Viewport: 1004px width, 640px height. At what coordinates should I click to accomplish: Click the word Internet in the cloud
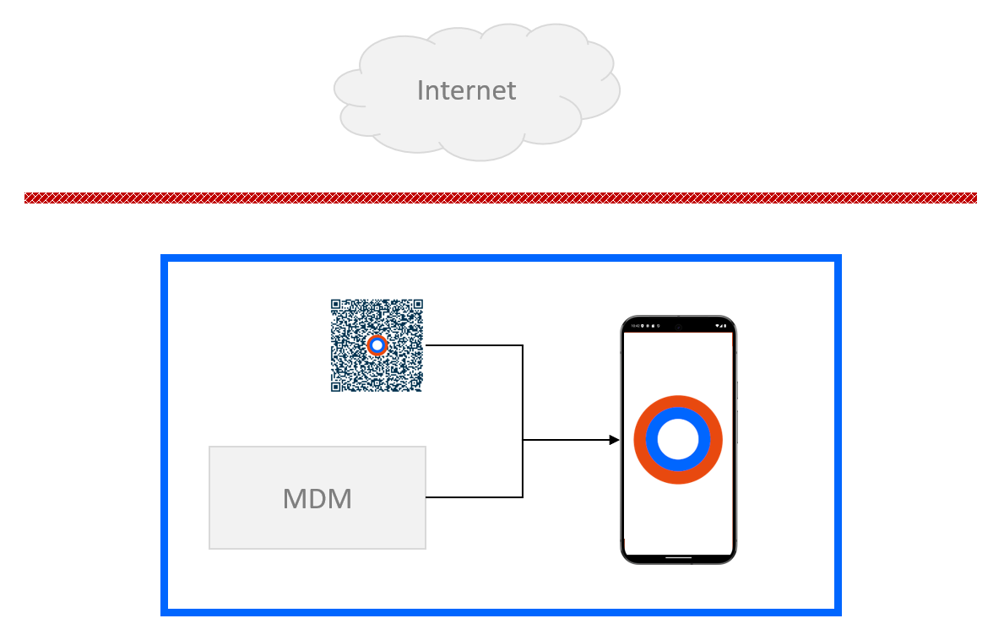pos(466,90)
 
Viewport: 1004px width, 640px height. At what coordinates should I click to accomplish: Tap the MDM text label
pos(317,498)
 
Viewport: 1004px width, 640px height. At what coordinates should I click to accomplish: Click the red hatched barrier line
pos(501,198)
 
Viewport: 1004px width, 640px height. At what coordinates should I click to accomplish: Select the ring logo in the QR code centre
pos(377,345)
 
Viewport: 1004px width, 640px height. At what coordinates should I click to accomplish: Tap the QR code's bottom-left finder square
pos(336,387)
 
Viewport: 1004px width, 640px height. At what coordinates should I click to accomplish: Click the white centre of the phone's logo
pos(678,440)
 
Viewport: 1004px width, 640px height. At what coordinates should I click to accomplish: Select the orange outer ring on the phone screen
pos(678,402)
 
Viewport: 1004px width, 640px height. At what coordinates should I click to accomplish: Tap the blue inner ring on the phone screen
pos(678,414)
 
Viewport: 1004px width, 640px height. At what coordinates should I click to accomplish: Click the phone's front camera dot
pos(678,326)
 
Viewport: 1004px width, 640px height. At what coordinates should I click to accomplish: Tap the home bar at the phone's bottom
pos(678,557)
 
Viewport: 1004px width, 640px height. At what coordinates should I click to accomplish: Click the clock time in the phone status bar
pos(632,326)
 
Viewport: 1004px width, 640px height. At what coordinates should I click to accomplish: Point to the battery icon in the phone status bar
pos(725,326)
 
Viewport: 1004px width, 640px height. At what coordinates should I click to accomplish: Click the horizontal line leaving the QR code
pos(473,345)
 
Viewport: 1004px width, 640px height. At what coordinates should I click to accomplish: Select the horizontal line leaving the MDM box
pos(473,497)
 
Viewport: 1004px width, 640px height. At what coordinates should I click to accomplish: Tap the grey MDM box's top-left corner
pos(210,447)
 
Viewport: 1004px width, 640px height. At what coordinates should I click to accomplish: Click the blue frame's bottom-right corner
pos(838,611)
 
